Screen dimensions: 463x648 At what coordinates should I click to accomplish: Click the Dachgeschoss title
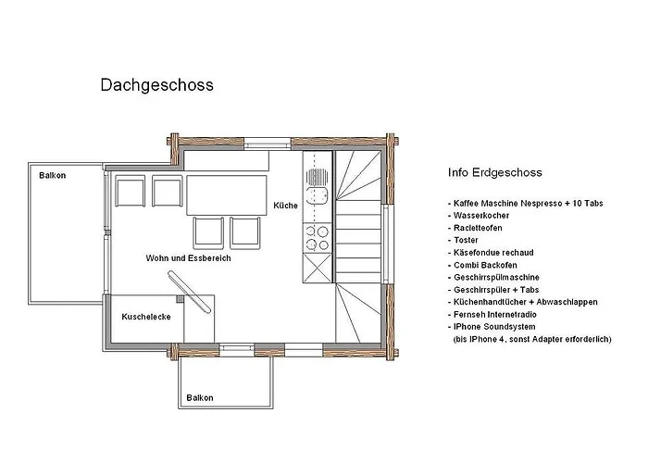pyautogui.click(x=156, y=85)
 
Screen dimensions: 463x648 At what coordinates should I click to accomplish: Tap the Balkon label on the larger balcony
pyautogui.click(x=52, y=174)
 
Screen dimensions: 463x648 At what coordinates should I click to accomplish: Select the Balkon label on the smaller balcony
pyautogui.click(x=199, y=397)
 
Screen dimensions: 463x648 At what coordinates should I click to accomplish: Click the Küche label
pyautogui.click(x=286, y=206)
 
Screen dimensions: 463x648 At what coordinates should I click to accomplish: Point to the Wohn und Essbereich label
pyautogui.click(x=188, y=258)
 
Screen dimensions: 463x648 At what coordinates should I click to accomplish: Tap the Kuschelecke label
pyautogui.click(x=143, y=317)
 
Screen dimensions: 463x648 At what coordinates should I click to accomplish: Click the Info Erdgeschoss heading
pyautogui.click(x=493, y=172)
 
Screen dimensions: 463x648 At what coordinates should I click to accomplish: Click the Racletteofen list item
pyautogui.click(x=480, y=228)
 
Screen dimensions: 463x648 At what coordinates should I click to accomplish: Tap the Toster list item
pyautogui.click(x=467, y=240)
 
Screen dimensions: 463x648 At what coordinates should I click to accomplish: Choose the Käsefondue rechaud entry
pyautogui.click(x=493, y=253)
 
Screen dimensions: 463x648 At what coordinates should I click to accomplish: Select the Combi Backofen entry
pyautogui.click(x=484, y=265)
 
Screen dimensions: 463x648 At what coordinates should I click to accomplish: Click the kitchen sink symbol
pyautogui.click(x=318, y=185)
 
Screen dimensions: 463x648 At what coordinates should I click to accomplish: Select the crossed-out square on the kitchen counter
pyautogui.click(x=318, y=269)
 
